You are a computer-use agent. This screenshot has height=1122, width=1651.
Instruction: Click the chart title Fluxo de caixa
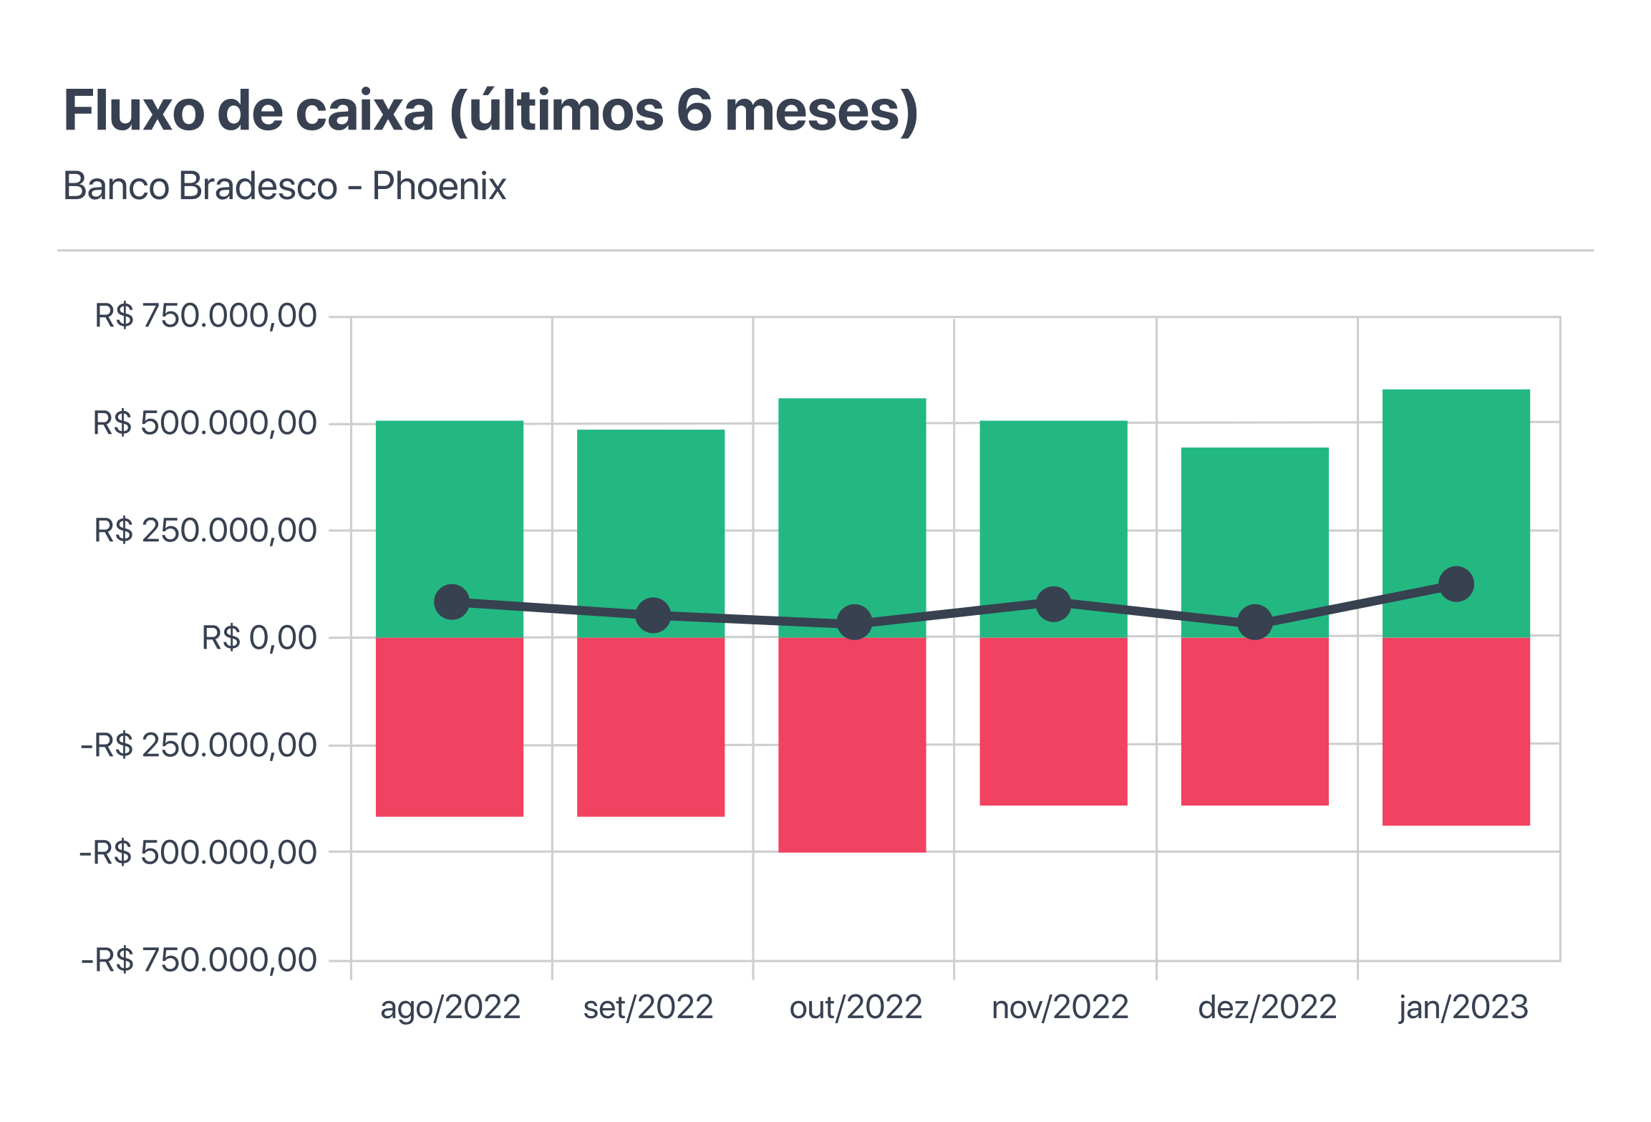[x=490, y=111]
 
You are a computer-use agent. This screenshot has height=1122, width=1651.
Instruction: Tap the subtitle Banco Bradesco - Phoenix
[x=285, y=186]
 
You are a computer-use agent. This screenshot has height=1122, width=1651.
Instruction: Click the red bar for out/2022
[x=852, y=745]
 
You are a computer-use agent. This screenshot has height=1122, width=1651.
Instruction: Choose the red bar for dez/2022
[x=1255, y=721]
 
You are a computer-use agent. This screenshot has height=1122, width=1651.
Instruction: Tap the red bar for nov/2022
[x=1053, y=721]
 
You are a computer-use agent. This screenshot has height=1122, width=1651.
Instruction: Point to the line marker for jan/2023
[x=1456, y=584]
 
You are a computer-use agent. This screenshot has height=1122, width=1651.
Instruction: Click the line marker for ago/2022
[x=452, y=601]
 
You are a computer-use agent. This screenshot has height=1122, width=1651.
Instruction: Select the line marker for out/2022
[x=854, y=622]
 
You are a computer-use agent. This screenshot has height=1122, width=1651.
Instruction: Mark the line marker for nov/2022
[x=1054, y=604]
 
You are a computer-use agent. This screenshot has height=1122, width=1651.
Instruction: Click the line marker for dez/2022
[x=1255, y=622]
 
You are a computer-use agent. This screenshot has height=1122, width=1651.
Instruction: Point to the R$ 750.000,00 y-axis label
[x=205, y=316]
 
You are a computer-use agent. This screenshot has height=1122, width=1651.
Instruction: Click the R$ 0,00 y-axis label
[x=259, y=638]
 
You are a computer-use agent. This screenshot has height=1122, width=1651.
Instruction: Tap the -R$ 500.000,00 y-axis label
[x=198, y=853]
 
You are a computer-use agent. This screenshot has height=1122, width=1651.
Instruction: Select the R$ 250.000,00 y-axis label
[x=205, y=531]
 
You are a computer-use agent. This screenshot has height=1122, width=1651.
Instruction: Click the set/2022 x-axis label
[x=648, y=1007]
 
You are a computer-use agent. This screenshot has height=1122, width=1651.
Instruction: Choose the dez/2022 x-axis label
[x=1267, y=1007]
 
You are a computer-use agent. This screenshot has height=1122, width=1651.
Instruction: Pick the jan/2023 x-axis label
[x=1463, y=1007]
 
